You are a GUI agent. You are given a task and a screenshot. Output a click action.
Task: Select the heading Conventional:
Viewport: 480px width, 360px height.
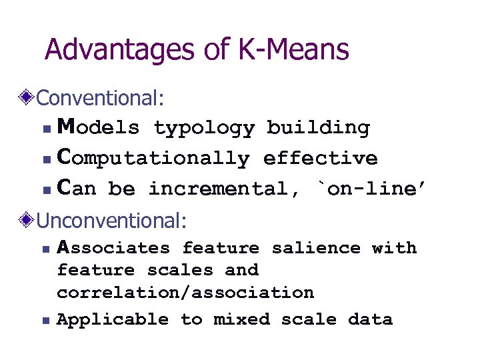[100, 98]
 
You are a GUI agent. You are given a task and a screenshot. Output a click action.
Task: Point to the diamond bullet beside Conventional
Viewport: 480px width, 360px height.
[27, 98]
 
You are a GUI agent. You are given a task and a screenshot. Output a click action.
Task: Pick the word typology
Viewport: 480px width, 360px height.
[204, 128]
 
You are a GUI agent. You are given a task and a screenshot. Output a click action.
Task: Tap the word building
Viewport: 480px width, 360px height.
[318, 127]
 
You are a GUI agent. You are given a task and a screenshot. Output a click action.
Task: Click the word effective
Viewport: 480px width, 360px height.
[320, 158]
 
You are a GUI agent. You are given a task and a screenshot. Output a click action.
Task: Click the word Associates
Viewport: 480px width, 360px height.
[113, 248]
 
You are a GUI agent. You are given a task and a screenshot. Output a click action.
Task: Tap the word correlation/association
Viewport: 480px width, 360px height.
[185, 293]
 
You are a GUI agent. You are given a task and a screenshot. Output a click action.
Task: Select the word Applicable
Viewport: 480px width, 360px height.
[113, 320]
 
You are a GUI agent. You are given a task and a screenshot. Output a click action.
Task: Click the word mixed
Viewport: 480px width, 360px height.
[241, 320]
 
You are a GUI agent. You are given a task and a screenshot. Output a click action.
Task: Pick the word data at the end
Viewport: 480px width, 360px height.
[370, 320]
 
